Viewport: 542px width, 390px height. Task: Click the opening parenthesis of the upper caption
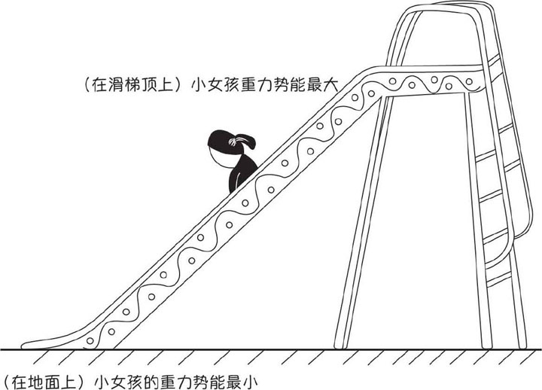tap(87, 84)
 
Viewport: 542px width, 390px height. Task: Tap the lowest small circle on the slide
tap(90, 341)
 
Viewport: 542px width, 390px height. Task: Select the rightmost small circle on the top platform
tap(469, 81)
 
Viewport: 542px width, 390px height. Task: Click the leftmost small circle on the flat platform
tap(393, 81)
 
